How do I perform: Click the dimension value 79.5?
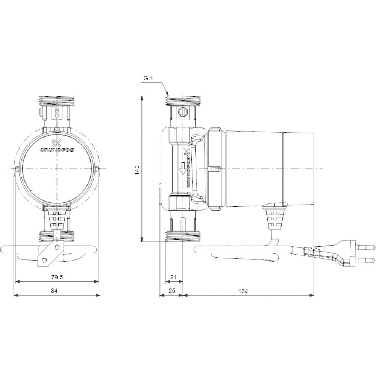coord(57,277)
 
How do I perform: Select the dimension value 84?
coord(54,291)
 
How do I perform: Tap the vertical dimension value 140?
coord(138,170)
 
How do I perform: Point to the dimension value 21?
coord(173,277)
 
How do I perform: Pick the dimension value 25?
coord(172,291)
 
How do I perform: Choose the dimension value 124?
coord(243,291)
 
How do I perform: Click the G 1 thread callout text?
coord(148,79)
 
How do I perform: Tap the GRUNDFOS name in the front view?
coord(57,149)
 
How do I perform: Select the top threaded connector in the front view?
coord(57,101)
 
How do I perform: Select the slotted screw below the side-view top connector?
coord(182,112)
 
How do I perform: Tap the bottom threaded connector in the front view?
coord(57,236)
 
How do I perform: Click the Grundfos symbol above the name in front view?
coord(57,142)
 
